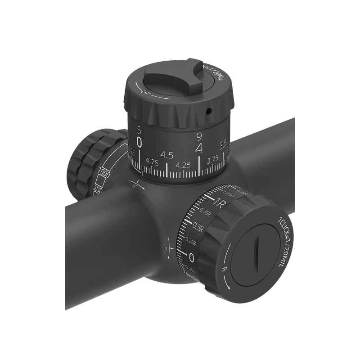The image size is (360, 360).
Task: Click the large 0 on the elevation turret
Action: tap(139, 143)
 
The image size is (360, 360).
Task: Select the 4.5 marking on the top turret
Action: tap(167, 155)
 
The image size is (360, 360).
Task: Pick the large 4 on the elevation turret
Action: tap(198, 147)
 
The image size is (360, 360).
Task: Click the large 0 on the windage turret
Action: tap(192, 258)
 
